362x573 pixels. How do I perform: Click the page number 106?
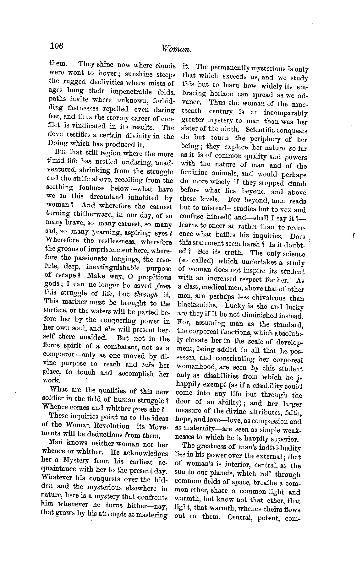pos(57,46)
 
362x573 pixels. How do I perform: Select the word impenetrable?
pos(131,91)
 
